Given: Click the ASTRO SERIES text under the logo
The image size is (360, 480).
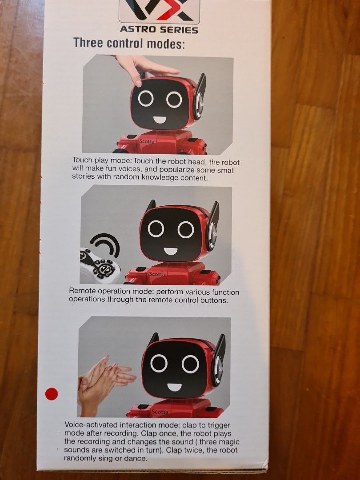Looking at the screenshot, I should coord(159,30).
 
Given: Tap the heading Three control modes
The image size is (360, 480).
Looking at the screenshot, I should coord(128,44).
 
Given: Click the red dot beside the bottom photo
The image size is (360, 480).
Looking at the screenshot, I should coord(52,394).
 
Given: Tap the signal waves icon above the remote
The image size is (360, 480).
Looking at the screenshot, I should coord(107,245).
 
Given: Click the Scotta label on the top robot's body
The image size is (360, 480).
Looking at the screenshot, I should coord(147,142).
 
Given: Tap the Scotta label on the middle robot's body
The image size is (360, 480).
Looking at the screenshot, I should coord(156,274).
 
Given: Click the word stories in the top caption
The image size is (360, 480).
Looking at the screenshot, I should coord(83,177).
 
